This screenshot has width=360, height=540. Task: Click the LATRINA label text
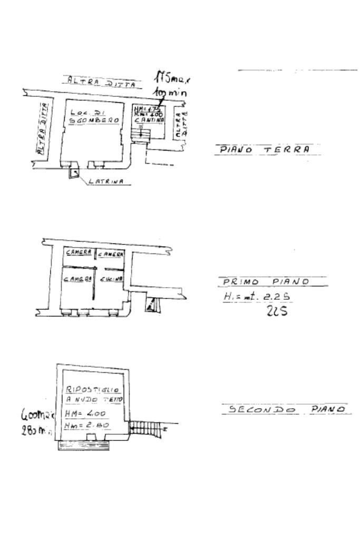106,181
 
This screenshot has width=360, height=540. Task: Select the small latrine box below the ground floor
73,172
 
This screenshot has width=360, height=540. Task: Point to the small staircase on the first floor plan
152,303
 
